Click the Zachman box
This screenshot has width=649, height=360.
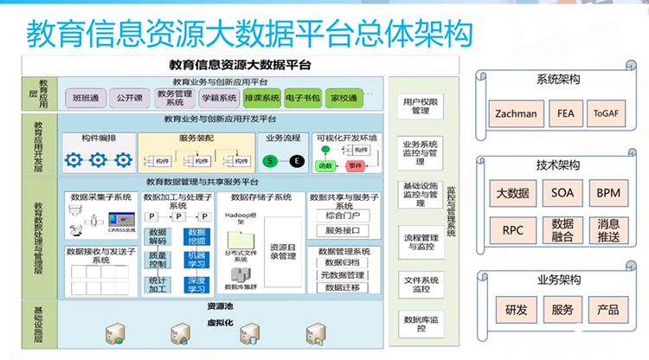point(516,113)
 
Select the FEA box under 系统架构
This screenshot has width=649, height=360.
point(564,113)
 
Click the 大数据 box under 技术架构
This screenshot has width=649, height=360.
point(512,193)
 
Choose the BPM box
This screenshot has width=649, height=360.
point(608,193)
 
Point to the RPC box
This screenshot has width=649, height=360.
point(512,229)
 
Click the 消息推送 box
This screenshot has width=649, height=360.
point(608,229)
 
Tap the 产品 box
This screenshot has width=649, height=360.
point(608,310)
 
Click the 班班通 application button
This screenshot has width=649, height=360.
point(86,98)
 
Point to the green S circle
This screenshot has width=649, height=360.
point(271,161)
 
